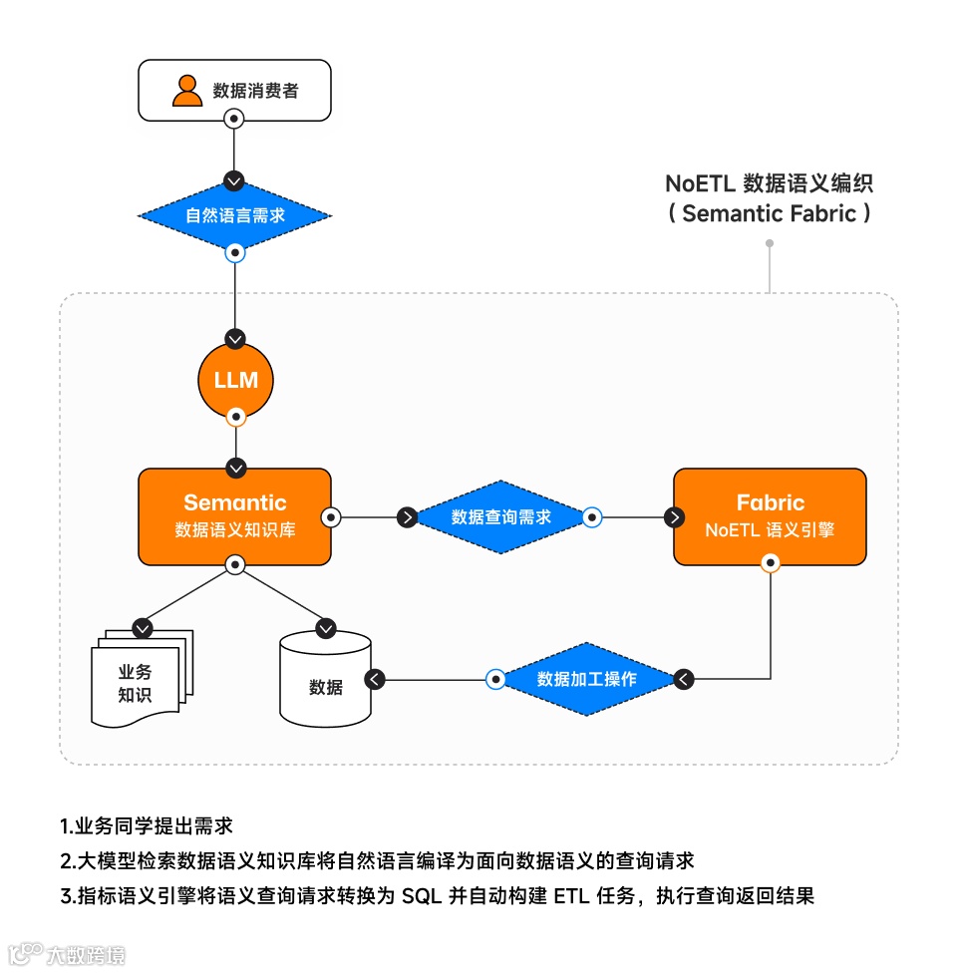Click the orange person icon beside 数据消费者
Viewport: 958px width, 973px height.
[186, 90]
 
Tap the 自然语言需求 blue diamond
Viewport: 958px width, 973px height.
[233, 215]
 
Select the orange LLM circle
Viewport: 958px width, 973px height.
[235, 380]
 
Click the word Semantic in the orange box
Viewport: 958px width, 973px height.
[234, 502]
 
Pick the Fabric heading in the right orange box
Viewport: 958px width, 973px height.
[770, 502]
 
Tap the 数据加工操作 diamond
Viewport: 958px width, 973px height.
[586, 679]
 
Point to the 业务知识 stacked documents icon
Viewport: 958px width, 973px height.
[137, 679]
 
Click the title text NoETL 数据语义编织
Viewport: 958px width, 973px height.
[770, 184]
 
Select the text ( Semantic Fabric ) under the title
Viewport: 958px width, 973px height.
[770, 213]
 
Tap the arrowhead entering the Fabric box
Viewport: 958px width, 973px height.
[675, 516]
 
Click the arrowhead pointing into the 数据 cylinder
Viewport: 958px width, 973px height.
[374, 679]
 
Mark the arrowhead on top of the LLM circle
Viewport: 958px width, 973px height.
[234, 338]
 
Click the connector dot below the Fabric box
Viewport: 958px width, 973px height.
[770, 564]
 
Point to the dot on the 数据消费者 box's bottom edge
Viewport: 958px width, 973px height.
[233, 119]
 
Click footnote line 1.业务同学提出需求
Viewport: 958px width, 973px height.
[147, 826]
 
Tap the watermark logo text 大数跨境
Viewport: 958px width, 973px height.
[86, 955]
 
